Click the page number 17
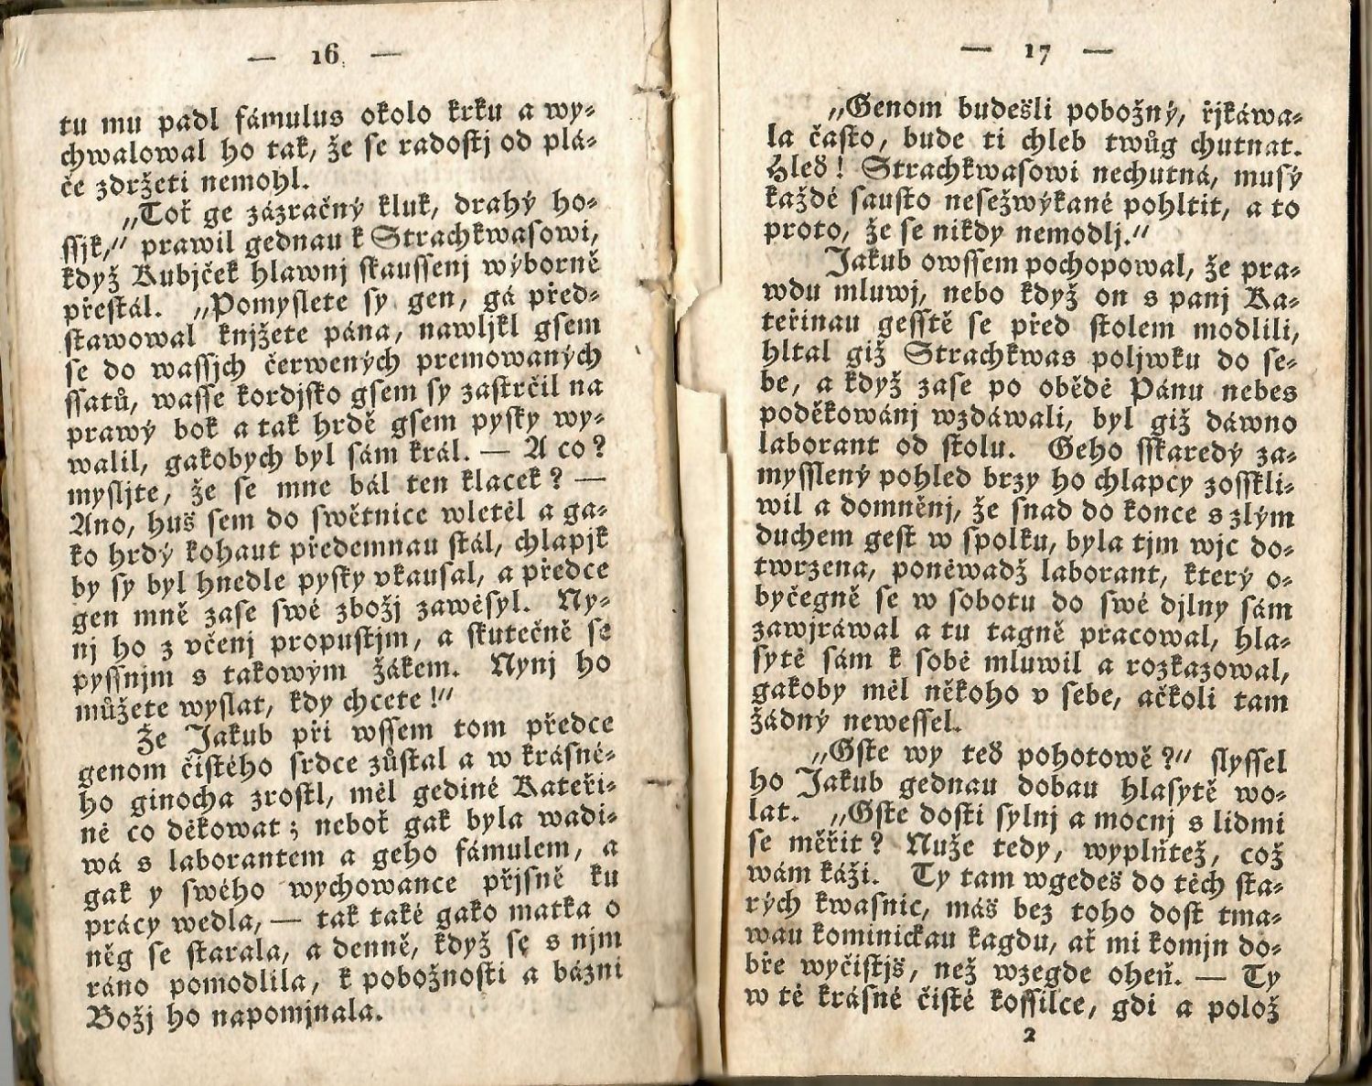(x=1036, y=52)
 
